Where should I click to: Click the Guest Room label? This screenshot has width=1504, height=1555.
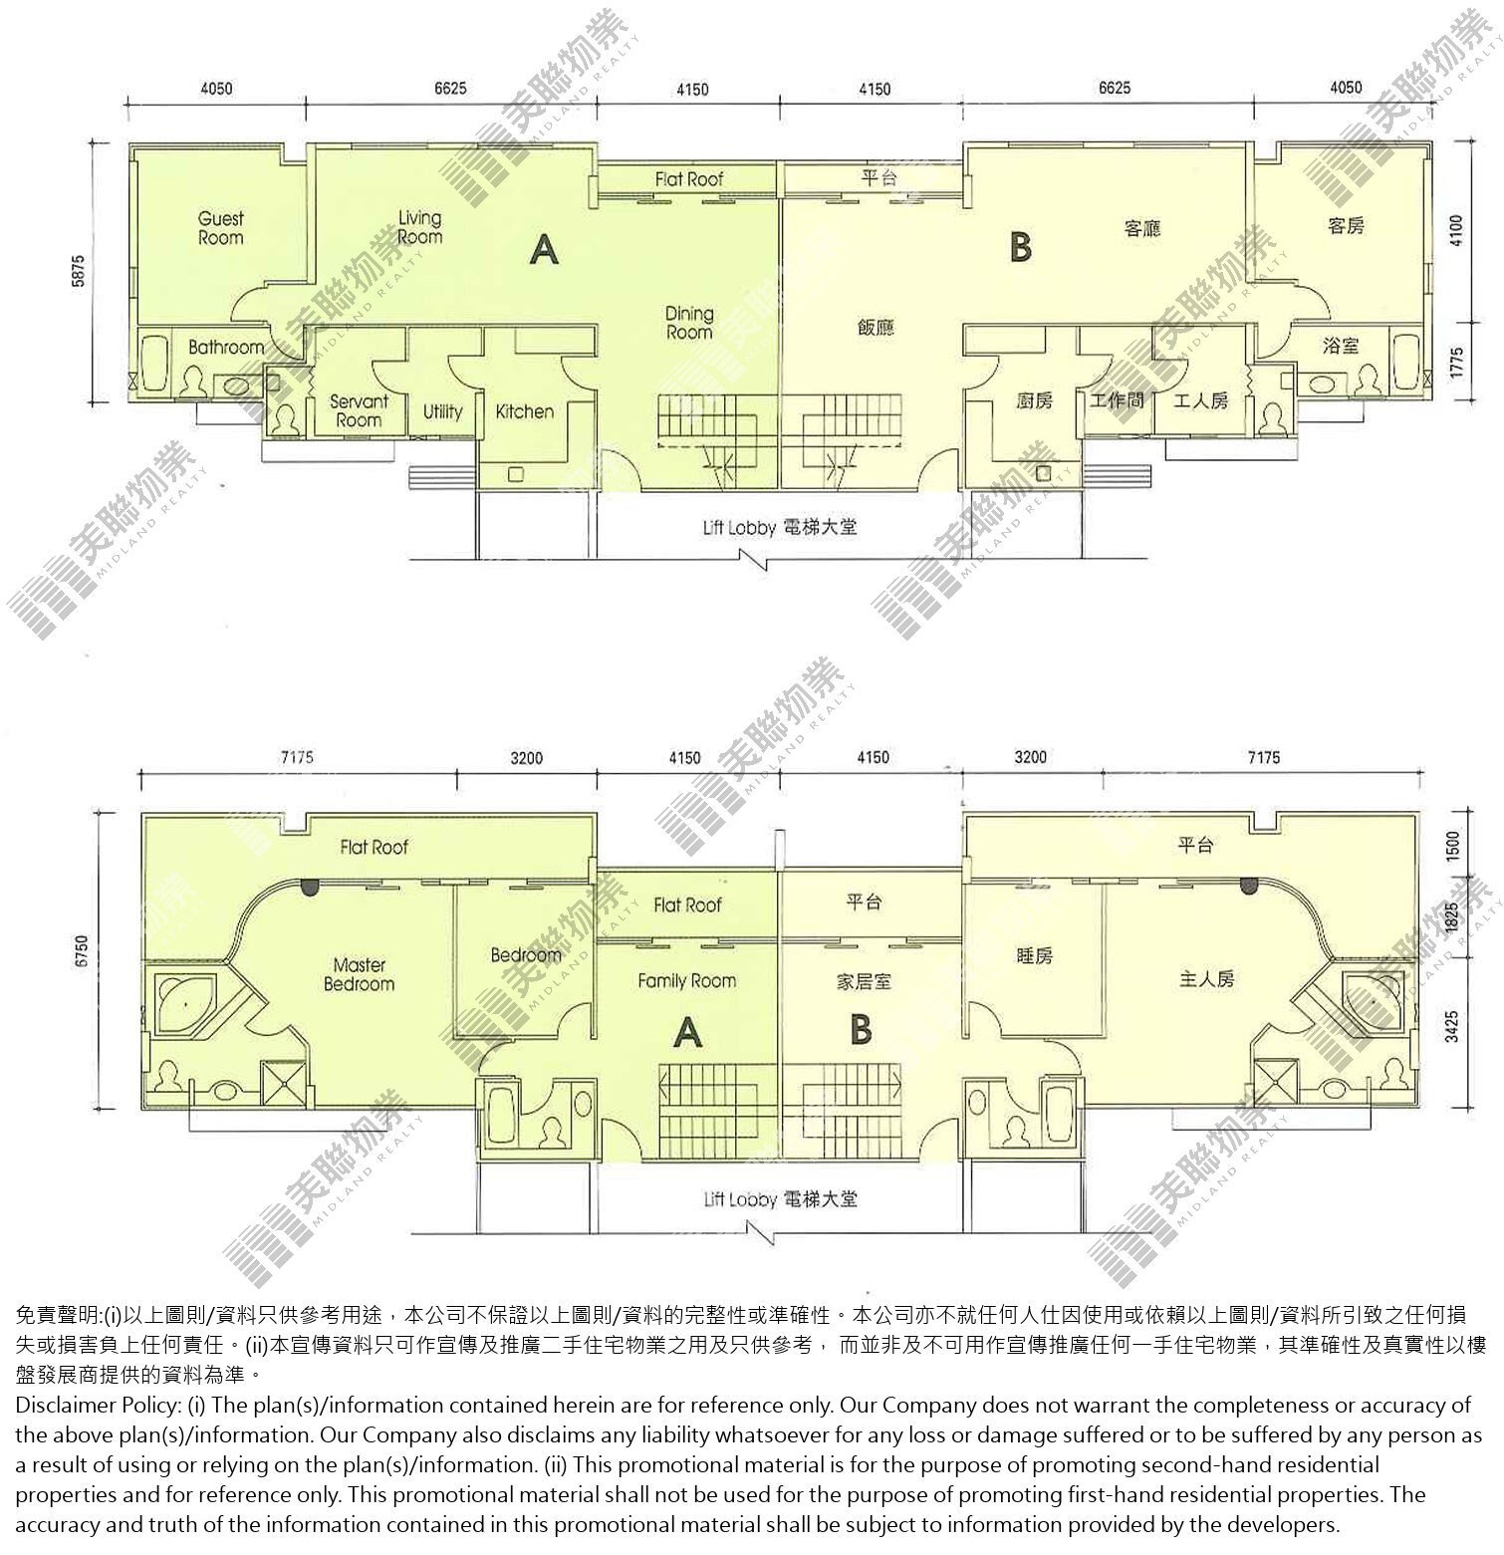220,228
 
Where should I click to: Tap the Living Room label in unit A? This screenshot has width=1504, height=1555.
419,227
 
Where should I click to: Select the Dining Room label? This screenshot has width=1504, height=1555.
689,323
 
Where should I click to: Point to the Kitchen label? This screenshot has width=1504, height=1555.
524,411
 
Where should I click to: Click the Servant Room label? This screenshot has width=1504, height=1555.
359,410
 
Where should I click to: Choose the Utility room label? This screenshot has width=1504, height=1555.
442,411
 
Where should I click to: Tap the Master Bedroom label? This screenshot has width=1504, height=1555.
359,974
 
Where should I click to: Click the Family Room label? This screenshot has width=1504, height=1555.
687,981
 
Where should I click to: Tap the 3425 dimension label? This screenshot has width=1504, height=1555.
1453,1026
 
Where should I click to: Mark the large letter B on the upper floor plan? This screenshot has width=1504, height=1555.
1020,247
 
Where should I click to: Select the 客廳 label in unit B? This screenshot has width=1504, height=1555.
1142,228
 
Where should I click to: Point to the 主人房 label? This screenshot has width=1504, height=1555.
1207,979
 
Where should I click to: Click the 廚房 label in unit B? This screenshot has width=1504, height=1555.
1034,400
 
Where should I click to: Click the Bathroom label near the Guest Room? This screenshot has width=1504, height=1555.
226,348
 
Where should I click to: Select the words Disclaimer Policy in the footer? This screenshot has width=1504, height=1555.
97,1406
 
